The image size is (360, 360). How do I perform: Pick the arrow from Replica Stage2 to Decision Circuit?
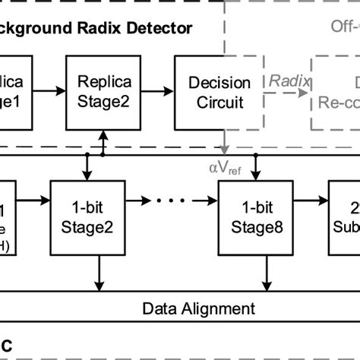pyautogui.click(x=159, y=91)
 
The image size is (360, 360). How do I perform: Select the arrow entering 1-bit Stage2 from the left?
pyautogui.click(x=34, y=201)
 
